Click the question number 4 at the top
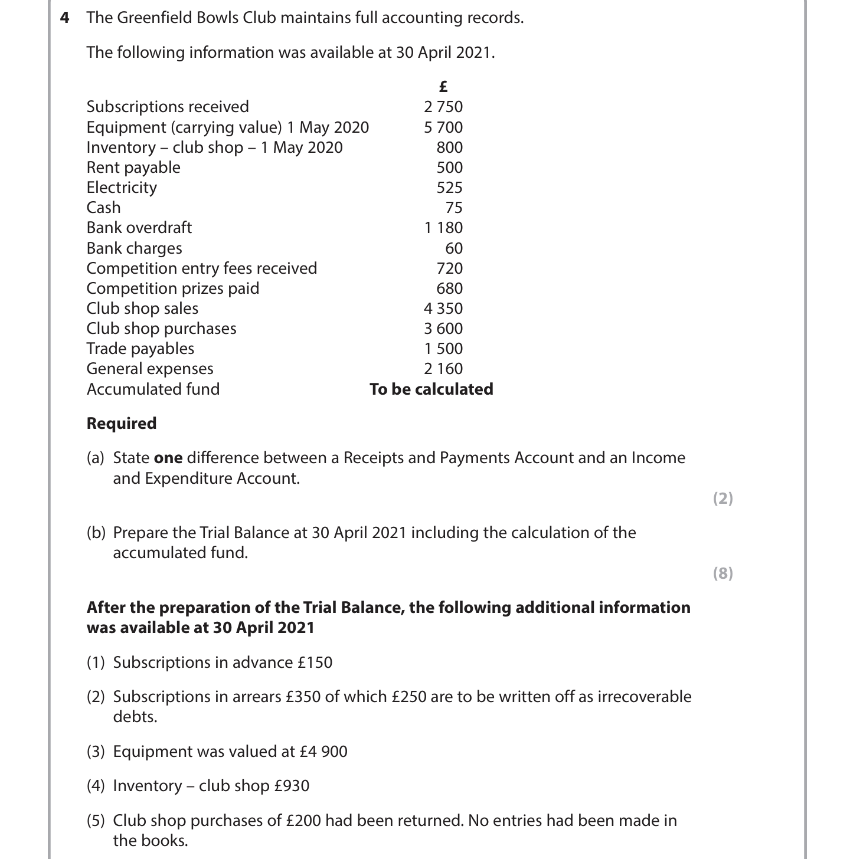(x=65, y=18)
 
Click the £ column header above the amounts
(x=443, y=87)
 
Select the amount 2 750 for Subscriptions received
(x=443, y=107)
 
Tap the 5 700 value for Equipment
(x=443, y=127)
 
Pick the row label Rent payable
(x=133, y=168)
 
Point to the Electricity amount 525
(x=449, y=188)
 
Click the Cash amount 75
(x=454, y=208)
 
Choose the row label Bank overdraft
(x=139, y=228)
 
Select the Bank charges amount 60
(x=454, y=248)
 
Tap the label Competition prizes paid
(x=173, y=288)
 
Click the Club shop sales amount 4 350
(x=443, y=309)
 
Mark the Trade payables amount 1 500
(x=443, y=349)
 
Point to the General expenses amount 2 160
(x=443, y=369)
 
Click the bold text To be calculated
(x=431, y=389)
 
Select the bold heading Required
(x=122, y=424)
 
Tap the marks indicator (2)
(x=723, y=499)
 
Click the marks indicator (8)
(x=723, y=573)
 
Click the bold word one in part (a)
(x=168, y=458)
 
